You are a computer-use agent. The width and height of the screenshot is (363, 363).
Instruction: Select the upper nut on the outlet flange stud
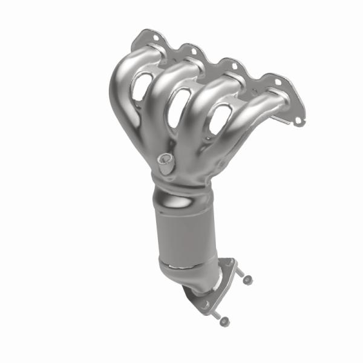246,278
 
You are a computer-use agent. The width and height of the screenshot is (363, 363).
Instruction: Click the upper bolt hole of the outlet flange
227,263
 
